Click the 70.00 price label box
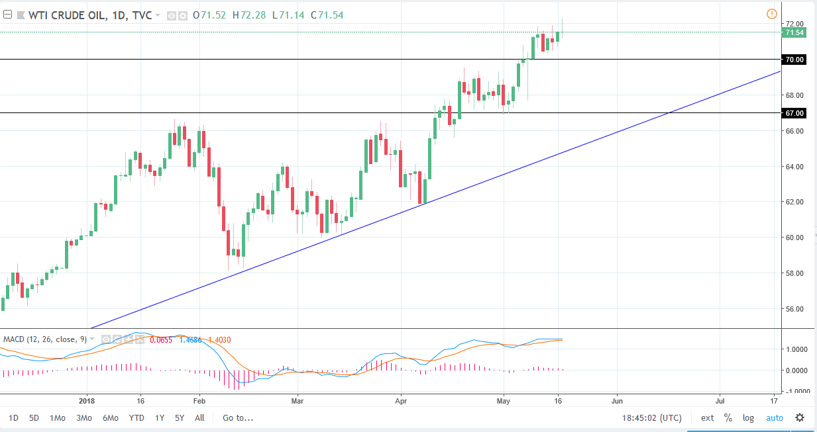pyautogui.click(x=794, y=60)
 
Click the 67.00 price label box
pyautogui.click(x=794, y=113)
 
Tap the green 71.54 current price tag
pyautogui.click(x=794, y=32)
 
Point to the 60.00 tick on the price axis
pyautogui.click(x=794, y=238)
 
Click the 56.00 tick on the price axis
pyautogui.click(x=794, y=309)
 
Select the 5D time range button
pyautogui.click(x=34, y=417)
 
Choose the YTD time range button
pyautogui.click(x=136, y=417)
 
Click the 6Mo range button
pyautogui.click(x=110, y=417)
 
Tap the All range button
pyautogui.click(x=199, y=417)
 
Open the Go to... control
pyautogui.click(x=238, y=417)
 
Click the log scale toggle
pyautogui.click(x=748, y=417)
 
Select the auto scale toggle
pyautogui.click(x=774, y=417)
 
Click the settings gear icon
pyautogui.click(x=800, y=417)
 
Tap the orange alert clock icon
pyautogui.click(x=771, y=14)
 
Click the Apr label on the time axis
pyautogui.click(x=400, y=400)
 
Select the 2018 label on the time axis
pyautogui.click(x=87, y=400)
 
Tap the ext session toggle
pyautogui.click(x=708, y=417)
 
